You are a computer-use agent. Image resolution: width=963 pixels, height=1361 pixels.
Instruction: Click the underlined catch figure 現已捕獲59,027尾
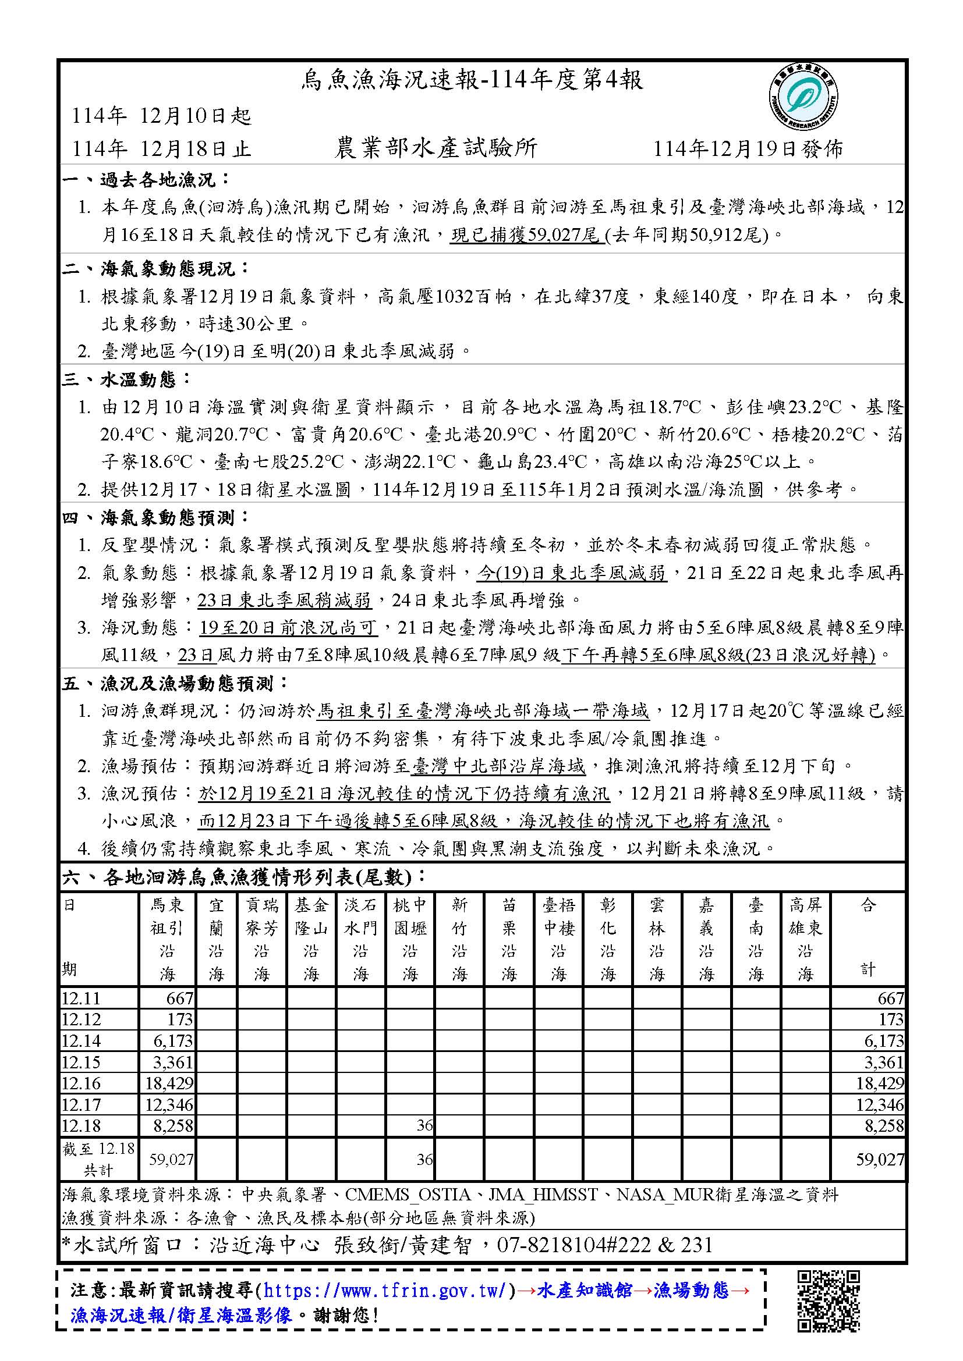(525, 235)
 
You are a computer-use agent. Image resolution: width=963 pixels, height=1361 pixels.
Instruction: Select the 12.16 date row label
(82, 1083)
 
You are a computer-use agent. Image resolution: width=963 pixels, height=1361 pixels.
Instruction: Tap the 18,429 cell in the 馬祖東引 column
(169, 1083)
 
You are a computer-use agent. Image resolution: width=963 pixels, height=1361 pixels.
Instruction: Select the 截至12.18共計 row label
(98, 1159)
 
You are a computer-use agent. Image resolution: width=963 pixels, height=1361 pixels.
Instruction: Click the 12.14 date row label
(82, 1041)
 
